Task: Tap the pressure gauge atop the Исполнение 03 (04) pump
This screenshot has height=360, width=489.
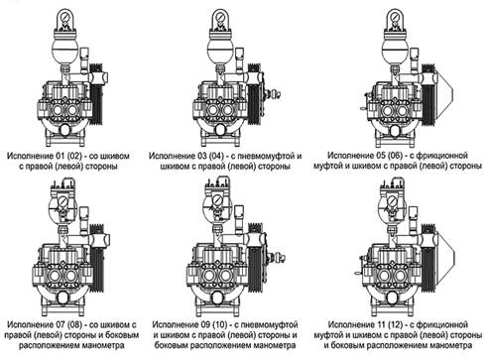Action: click(x=220, y=17)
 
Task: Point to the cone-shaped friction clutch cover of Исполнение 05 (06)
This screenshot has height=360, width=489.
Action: click(x=444, y=93)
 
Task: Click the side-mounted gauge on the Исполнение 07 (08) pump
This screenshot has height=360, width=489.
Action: click(x=62, y=201)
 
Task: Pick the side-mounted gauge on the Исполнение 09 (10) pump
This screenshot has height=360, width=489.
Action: click(x=217, y=200)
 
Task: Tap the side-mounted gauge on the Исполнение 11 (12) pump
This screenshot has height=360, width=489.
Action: click(x=393, y=200)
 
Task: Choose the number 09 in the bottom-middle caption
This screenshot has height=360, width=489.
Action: click(x=206, y=324)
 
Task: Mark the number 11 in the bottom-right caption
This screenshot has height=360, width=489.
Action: click(x=381, y=324)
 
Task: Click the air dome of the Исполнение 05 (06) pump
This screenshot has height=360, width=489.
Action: click(x=394, y=49)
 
